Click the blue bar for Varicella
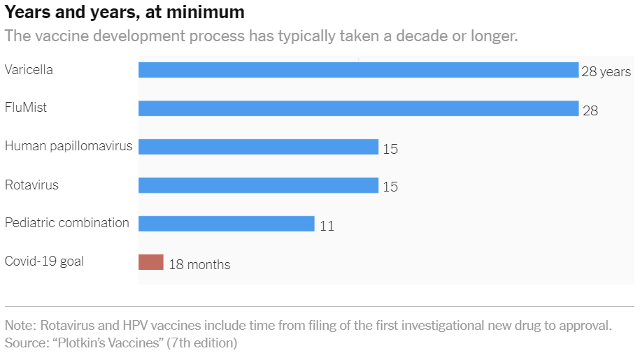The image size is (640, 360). click(358, 70)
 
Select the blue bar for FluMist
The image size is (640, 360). click(358, 108)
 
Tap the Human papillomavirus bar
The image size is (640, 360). click(258, 147)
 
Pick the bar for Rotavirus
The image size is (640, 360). click(258, 185)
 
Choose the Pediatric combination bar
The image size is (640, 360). click(226, 224)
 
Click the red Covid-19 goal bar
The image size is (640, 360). click(150, 262)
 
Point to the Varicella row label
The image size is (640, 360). click(29, 70)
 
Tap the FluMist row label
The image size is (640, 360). click(26, 108)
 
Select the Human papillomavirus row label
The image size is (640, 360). click(69, 146)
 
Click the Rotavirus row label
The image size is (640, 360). click(31, 185)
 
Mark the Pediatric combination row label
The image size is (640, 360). click(67, 223)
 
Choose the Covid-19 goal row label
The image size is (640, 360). click(44, 261)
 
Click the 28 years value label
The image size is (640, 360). click(606, 72)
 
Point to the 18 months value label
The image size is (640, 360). click(199, 265)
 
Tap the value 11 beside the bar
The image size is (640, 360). click(327, 226)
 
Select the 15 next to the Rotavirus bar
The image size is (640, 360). click(390, 187)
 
